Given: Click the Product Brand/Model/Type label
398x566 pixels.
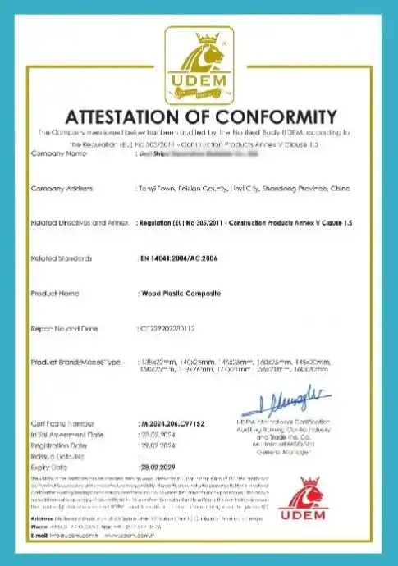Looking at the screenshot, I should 75,362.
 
